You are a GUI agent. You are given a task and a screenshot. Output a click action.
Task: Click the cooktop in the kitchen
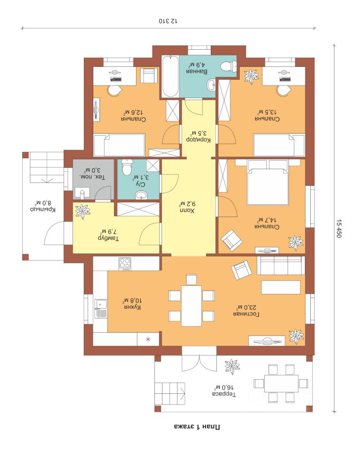125,264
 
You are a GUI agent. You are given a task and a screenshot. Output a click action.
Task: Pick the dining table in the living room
191,306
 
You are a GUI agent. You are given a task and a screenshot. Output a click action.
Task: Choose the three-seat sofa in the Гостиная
281,265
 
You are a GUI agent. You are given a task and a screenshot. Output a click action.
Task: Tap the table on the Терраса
281,383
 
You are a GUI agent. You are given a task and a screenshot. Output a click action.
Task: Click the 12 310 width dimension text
168,21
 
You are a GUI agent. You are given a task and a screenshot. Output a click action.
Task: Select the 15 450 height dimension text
339,228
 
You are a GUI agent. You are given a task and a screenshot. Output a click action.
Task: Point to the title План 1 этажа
197,427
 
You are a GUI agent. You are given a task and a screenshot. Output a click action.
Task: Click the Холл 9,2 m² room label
187,208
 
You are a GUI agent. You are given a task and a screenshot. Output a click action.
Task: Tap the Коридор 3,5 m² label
198,136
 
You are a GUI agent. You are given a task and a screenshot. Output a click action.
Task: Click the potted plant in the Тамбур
83,211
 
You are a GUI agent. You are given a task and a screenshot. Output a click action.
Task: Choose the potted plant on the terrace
233,367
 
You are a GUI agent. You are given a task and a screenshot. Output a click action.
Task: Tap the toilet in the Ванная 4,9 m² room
229,66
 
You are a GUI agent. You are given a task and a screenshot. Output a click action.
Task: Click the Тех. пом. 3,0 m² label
92,173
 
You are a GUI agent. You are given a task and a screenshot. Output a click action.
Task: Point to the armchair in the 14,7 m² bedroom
232,240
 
